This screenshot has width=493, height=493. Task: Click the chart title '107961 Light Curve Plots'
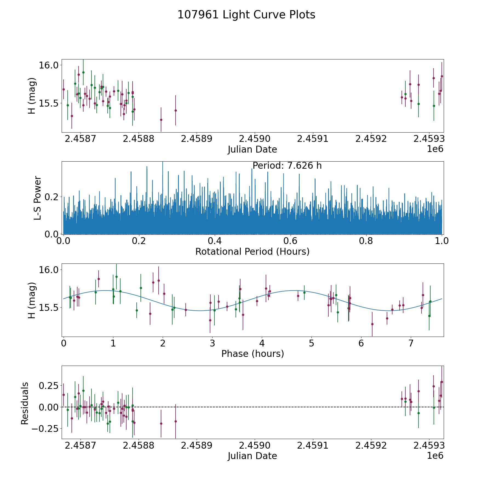(246, 15)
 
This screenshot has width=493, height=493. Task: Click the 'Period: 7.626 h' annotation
(287, 166)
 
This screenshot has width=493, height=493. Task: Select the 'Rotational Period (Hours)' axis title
(252, 251)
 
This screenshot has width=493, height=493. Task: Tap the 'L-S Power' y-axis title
(38, 198)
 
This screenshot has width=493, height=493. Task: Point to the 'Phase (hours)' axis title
(253, 354)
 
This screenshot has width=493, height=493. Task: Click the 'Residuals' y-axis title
(25, 403)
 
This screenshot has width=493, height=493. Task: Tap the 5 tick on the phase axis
(311, 343)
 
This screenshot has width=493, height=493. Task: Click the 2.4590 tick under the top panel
(254, 139)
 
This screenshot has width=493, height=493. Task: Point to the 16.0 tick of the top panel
(48, 65)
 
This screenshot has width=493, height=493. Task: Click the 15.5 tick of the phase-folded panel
(48, 308)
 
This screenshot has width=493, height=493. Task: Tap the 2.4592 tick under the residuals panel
(371, 446)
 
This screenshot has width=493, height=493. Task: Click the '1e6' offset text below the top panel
(435, 149)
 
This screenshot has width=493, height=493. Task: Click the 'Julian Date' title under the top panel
(252, 150)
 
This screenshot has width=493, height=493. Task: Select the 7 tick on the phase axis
(411, 343)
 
